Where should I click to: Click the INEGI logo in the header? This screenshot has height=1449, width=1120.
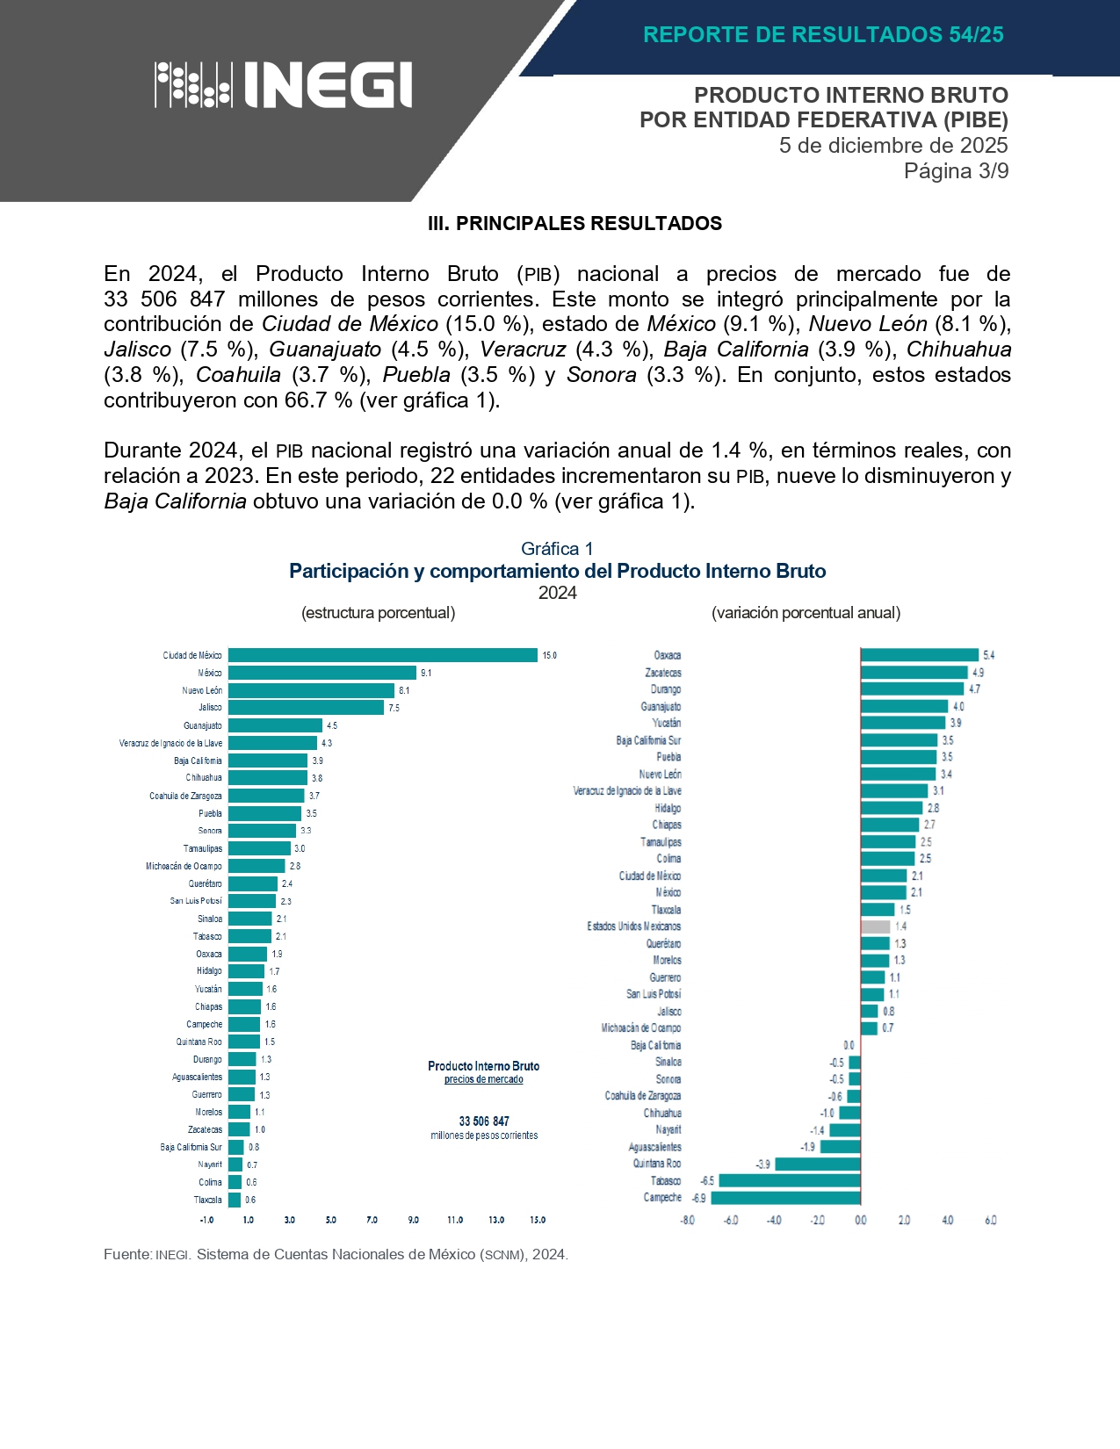click(284, 85)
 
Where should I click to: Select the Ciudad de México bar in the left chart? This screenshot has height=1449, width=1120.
click(382, 655)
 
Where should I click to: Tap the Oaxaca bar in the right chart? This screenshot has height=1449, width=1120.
click(919, 655)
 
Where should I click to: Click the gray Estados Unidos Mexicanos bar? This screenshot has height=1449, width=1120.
click(875, 926)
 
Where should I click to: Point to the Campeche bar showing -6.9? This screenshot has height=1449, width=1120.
click(785, 1198)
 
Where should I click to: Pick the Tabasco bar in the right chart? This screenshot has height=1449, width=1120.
click(789, 1181)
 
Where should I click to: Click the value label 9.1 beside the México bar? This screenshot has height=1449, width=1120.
click(426, 673)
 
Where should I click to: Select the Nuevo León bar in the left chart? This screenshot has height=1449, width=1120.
click(311, 690)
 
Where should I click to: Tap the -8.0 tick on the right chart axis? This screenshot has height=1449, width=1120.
click(687, 1221)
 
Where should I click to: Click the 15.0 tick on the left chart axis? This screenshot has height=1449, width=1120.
click(538, 1220)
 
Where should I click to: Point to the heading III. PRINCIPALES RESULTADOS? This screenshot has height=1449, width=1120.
click(574, 224)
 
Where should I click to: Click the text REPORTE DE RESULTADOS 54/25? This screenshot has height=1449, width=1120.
click(823, 35)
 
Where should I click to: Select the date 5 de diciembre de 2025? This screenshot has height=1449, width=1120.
click(893, 146)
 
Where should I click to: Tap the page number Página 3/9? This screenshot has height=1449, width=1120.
click(956, 171)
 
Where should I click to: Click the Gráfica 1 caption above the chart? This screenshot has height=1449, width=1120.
click(557, 549)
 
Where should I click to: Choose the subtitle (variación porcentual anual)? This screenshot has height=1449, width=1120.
click(806, 613)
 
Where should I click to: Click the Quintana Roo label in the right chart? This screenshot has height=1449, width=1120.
click(656, 1164)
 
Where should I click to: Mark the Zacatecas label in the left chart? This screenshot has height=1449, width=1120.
click(205, 1129)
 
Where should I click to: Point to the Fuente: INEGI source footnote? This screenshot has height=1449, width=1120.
click(336, 1255)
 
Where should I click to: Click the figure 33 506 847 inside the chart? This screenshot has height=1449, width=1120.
click(484, 1121)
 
